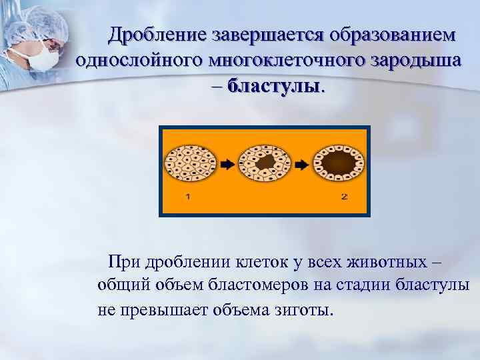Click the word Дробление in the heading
158,33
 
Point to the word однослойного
139,60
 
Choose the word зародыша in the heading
413,60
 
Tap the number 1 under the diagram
188,197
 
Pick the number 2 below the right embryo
344,197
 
